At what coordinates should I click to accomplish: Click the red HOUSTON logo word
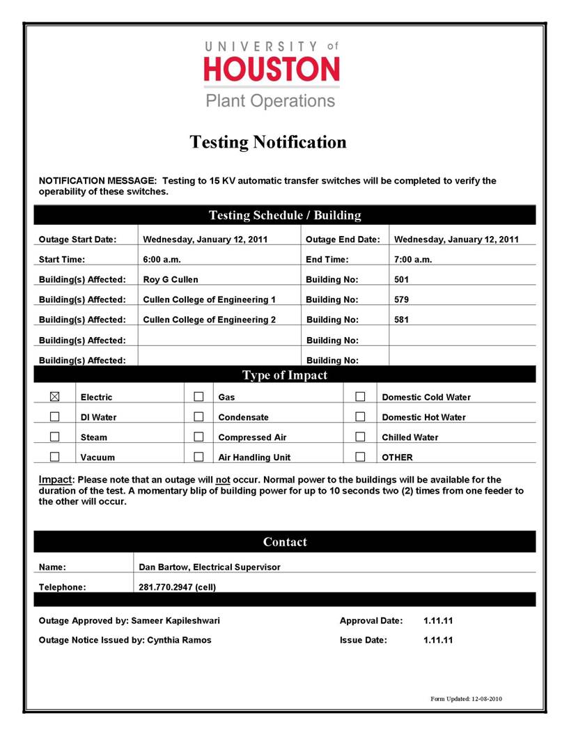click(271, 70)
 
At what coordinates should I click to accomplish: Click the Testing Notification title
click(268, 143)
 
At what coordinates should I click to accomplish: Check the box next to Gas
click(198, 397)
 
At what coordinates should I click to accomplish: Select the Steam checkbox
click(55, 437)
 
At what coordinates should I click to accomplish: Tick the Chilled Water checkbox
click(360, 437)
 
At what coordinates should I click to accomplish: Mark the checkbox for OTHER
click(360, 457)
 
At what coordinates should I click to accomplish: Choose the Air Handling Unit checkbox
click(198, 457)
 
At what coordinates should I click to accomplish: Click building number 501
click(401, 280)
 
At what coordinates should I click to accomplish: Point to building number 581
click(401, 320)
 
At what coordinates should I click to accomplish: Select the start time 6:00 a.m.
click(162, 260)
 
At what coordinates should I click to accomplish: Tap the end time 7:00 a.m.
click(413, 260)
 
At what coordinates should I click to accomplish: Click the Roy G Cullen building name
click(171, 280)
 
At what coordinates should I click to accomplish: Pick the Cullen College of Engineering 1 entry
click(209, 300)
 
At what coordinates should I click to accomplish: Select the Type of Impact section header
click(284, 375)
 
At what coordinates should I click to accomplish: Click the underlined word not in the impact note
click(223, 480)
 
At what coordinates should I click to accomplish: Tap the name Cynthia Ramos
click(179, 640)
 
